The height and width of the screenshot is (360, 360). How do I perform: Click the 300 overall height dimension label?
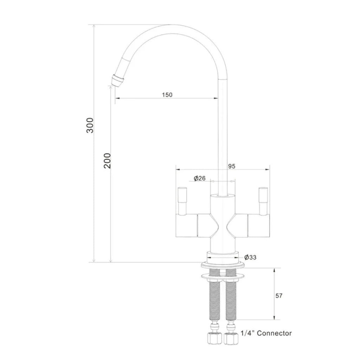pos(90,125)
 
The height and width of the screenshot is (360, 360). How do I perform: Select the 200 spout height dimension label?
pos(108,161)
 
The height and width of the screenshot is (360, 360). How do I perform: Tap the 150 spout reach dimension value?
pos(167,95)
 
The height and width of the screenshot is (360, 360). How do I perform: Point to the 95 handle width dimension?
pos(232,166)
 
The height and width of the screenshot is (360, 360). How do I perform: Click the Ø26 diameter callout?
pos(199,178)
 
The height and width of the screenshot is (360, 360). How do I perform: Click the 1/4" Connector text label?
pos(266,333)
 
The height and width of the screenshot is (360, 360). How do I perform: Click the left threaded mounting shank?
pos(214,297)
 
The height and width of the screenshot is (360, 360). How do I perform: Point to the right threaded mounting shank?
pos(231,297)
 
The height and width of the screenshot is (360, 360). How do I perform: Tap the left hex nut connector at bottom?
pos(214,338)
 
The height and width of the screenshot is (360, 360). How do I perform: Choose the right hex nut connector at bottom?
pos(231,338)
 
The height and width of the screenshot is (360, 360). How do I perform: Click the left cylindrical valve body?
pos(186,225)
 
